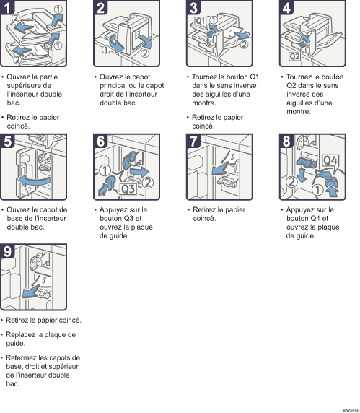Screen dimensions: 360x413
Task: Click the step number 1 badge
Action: click(7, 7)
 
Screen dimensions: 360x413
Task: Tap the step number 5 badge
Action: click(8, 141)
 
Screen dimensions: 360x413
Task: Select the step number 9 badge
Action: click(8, 251)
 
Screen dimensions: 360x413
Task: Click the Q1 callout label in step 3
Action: click(201, 21)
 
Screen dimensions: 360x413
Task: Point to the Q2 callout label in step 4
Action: click(294, 56)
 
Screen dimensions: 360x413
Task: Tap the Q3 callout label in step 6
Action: click(128, 189)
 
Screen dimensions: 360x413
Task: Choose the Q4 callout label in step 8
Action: click(330, 160)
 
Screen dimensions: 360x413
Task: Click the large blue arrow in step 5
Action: click(34, 181)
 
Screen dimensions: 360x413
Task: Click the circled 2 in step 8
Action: click(291, 181)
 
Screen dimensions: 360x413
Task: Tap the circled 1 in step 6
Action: click(105, 170)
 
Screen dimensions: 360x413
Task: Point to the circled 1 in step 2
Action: click(106, 50)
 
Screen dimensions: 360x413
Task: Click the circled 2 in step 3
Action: click(245, 45)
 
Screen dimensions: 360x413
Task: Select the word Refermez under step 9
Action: click(22, 357)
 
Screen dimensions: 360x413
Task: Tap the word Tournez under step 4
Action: click(299, 77)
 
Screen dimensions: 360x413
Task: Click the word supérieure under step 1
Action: click(25, 86)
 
